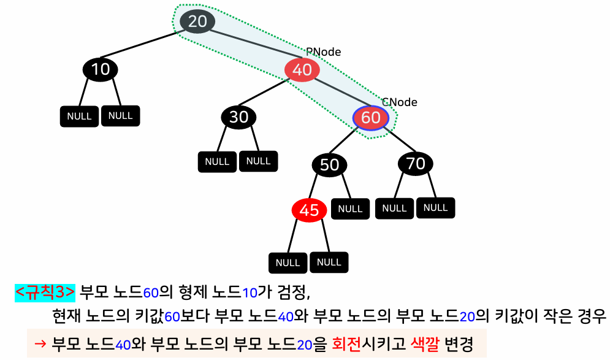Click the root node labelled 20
point(197,21)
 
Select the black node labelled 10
point(100,69)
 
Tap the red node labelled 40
point(302,70)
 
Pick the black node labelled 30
point(238,117)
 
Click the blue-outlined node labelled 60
point(371,117)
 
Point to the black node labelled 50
point(329,164)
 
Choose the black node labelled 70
point(416,163)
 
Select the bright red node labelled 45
point(309,210)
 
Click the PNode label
point(323,52)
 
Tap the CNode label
point(399,102)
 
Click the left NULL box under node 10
point(80,117)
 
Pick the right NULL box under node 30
point(258,161)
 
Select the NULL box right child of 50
point(350,209)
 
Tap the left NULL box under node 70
point(394,209)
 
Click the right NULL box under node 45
point(329,262)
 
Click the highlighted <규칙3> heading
point(45,292)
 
